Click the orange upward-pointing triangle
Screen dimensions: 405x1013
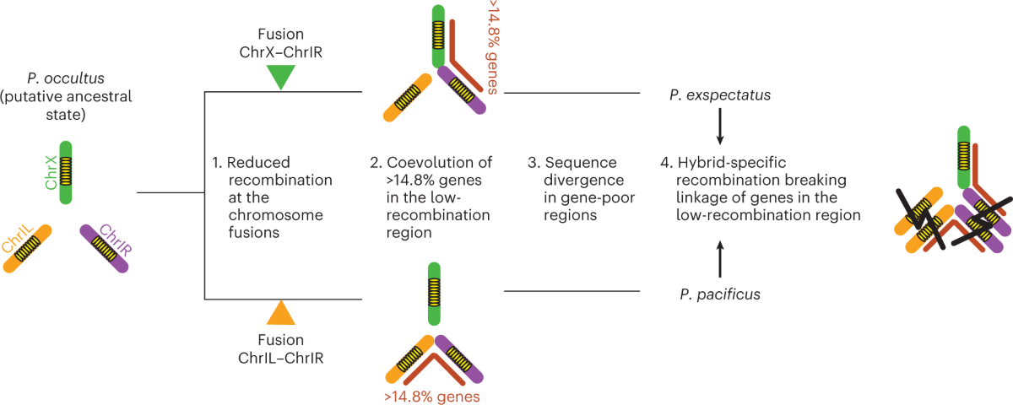point(280,313)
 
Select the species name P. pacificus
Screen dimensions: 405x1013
point(719,294)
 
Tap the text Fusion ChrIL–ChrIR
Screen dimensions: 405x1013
point(283,349)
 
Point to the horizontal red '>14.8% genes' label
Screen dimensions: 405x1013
point(433,395)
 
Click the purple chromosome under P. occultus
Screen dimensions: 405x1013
point(105,247)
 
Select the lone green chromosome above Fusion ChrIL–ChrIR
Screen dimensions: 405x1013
point(433,294)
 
